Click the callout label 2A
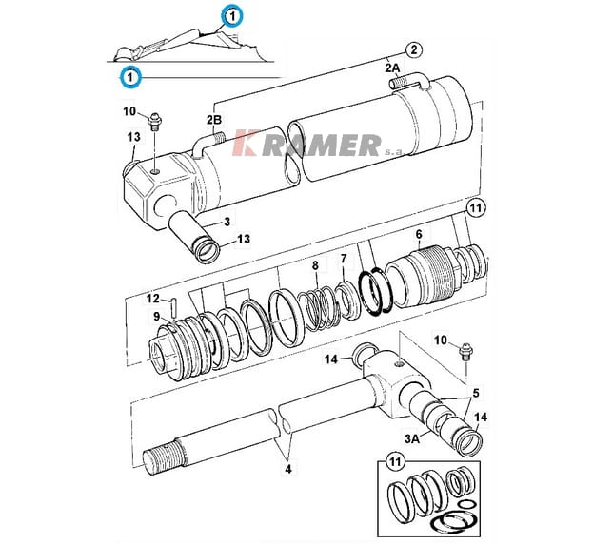[392, 68]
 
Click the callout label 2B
[214, 119]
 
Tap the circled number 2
[414, 50]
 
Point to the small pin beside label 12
[173, 308]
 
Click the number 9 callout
[156, 317]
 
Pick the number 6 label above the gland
[419, 234]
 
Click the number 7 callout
[344, 259]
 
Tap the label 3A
[411, 438]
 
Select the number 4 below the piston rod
[288, 469]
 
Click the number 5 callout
[475, 393]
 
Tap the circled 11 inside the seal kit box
[395, 462]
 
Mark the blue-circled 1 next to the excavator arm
[232, 17]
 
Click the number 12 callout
[153, 299]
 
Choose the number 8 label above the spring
[315, 265]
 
